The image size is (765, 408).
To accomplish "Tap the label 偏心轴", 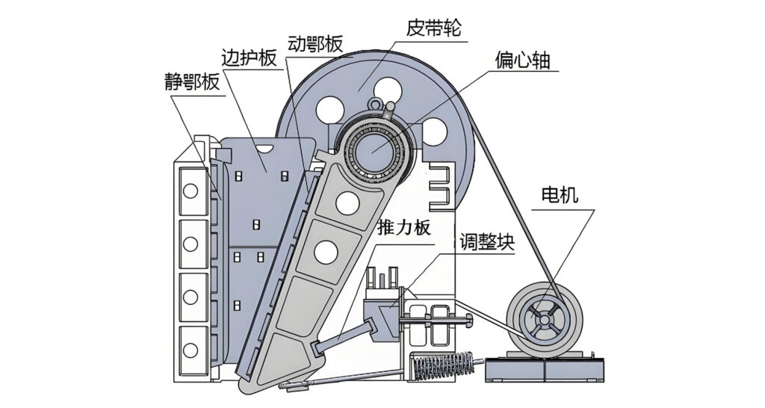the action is (x=522, y=60).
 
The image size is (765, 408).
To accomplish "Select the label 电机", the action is (x=560, y=195).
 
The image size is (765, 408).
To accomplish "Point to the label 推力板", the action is (x=404, y=227).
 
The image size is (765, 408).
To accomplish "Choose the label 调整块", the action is (x=487, y=242).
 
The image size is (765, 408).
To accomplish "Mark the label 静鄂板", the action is (x=192, y=82).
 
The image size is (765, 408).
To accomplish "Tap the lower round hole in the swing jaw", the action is (x=326, y=253).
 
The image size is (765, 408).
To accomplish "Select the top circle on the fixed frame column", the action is (x=191, y=191).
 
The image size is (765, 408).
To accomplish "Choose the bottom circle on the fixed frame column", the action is (x=191, y=350).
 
